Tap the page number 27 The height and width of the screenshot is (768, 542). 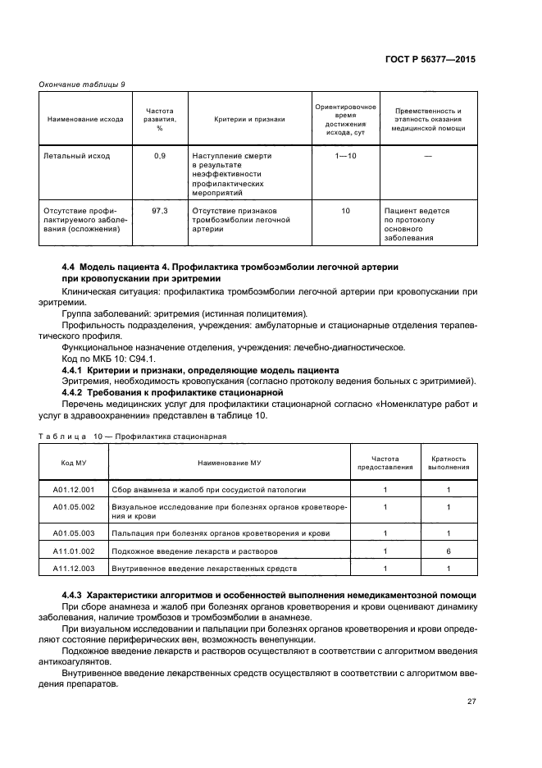[x=471, y=701]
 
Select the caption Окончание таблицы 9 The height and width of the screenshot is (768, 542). [x=82, y=85]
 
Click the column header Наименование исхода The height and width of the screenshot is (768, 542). [x=85, y=119]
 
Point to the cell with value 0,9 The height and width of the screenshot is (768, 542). [x=159, y=155]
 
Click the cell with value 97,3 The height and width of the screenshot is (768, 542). [x=159, y=211]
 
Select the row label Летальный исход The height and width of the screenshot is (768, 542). [x=76, y=155]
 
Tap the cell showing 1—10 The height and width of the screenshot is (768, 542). [x=345, y=155]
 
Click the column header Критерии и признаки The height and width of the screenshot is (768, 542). [x=249, y=119]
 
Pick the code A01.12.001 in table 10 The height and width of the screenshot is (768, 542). [x=74, y=490]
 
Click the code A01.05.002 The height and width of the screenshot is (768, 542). [x=74, y=507]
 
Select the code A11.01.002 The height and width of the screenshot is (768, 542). [x=74, y=551]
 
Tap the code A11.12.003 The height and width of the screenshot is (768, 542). [x=74, y=568]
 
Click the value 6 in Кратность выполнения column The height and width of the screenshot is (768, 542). [x=449, y=551]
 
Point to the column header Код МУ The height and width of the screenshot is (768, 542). [x=74, y=463]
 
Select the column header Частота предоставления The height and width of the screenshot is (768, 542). [x=385, y=463]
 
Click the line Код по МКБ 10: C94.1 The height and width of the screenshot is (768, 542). [x=106, y=359]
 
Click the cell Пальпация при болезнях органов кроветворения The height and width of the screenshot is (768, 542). [x=221, y=533]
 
